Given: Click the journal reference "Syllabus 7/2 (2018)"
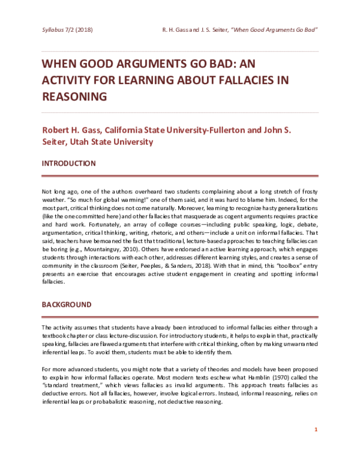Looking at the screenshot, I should (67, 29).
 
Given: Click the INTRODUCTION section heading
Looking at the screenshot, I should (68, 163).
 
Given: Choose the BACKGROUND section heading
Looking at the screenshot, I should (67, 305).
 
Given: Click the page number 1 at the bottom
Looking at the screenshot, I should (316, 430).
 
